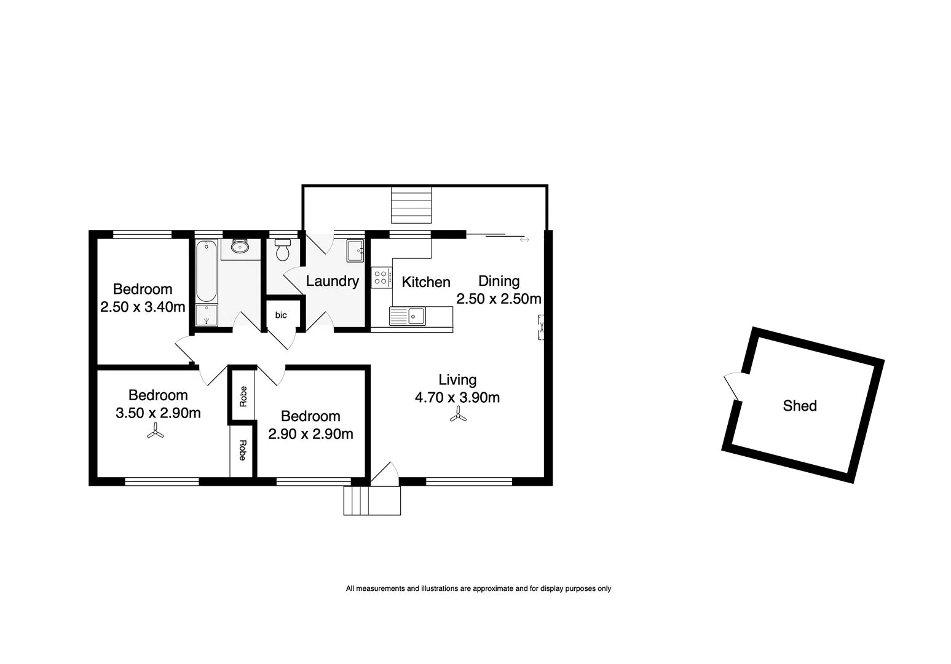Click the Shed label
[799, 406]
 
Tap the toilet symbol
[282, 250]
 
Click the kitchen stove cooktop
[381, 277]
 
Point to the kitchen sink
[416, 316]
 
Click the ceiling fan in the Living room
[457, 416]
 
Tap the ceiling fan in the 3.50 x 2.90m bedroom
[155, 433]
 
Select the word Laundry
[332, 282]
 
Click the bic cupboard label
[281, 315]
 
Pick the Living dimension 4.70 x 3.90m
[457, 398]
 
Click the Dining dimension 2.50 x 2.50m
[499, 299]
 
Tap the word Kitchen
[426, 282]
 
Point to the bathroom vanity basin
[239, 247]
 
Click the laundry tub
[355, 250]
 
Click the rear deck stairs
[412, 205]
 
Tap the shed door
[733, 387]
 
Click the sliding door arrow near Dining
[524, 240]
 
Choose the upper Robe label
[243, 396]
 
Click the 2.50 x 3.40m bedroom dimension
[143, 307]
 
